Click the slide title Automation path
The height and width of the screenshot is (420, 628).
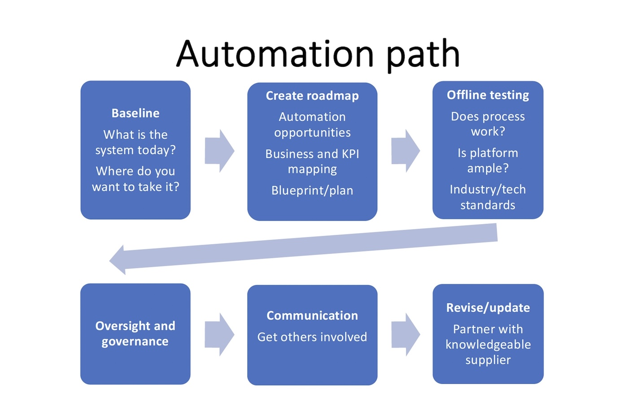click(x=318, y=54)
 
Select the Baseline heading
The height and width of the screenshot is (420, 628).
click(x=135, y=113)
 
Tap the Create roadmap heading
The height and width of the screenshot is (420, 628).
click(x=312, y=96)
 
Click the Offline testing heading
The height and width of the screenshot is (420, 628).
click(x=488, y=95)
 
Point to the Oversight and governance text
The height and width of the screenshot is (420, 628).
click(x=135, y=333)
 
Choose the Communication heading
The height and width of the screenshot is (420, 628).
click(x=312, y=316)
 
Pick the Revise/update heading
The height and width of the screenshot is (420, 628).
click(x=488, y=308)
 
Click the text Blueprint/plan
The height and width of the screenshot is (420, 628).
click(x=312, y=191)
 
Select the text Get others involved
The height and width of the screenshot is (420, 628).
click(x=312, y=337)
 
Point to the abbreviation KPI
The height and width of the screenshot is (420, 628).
click(x=350, y=154)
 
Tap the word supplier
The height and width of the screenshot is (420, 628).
click(x=488, y=360)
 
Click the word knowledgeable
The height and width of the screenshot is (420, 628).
click(x=488, y=345)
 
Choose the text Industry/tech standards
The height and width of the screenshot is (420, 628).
click(x=488, y=197)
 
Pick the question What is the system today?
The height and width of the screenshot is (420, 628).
click(x=135, y=142)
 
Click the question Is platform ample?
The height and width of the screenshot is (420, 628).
click(x=488, y=160)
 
